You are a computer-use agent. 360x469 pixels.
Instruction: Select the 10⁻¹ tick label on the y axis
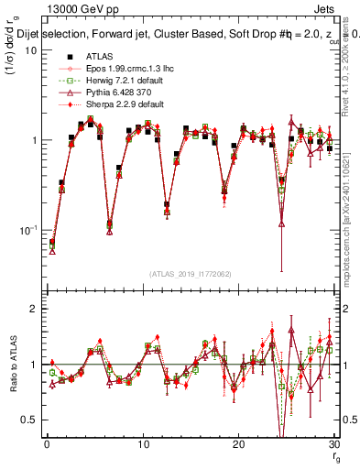(x=28, y=229)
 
